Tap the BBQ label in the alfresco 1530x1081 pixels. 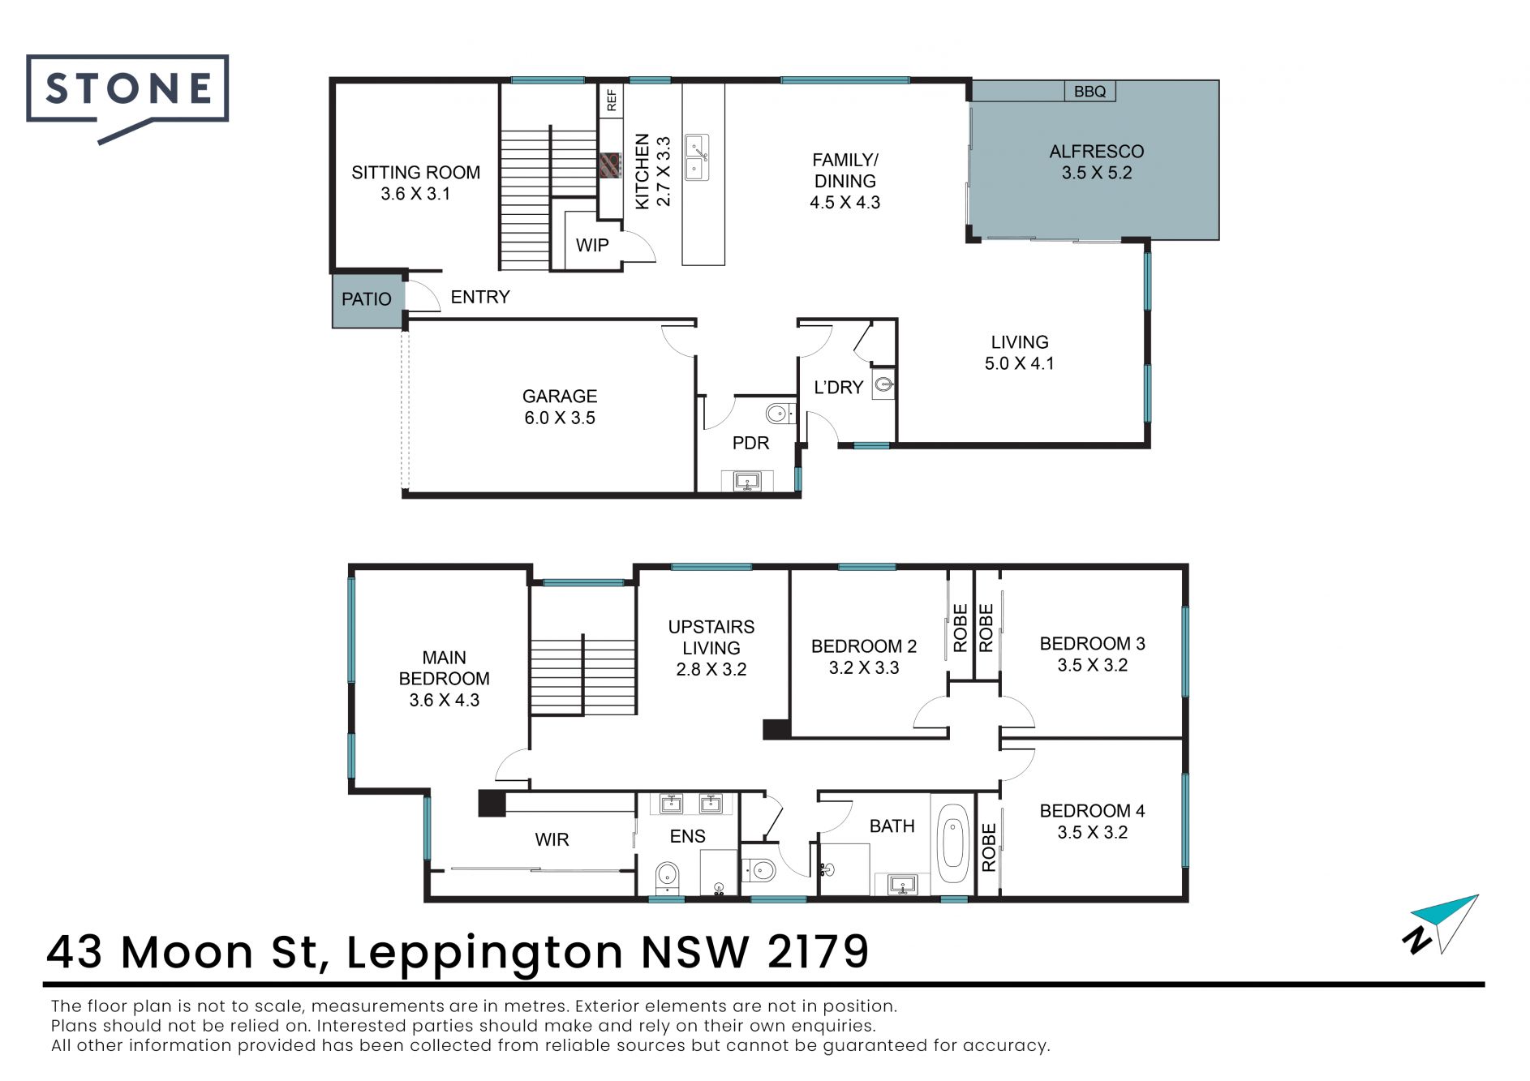pos(1089,92)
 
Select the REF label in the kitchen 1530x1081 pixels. pos(612,101)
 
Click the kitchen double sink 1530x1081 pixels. pos(697,157)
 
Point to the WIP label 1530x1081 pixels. pos(592,245)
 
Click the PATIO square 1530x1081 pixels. pos(367,300)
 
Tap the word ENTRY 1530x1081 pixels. pos(480,297)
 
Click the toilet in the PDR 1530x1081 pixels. pos(780,414)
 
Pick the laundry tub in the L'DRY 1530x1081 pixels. pos(883,384)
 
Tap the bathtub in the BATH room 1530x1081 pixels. pos(953,844)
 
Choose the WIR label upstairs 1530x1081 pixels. pos(552,840)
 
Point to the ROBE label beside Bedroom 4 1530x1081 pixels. pos(989,847)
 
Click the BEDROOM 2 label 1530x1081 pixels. pos(864,646)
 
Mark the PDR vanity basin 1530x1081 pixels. pos(747,482)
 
